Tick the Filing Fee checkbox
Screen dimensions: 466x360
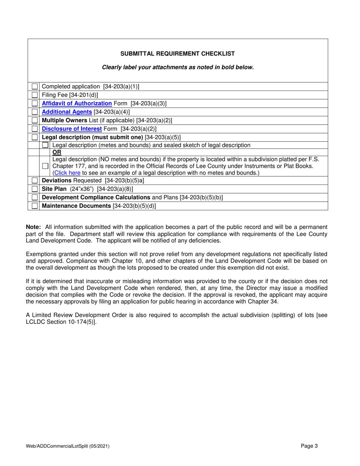coord(35,95)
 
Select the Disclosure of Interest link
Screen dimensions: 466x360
coord(72,128)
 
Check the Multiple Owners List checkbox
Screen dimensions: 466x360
coord(35,120)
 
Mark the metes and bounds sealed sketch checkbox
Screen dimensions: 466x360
coord(45,145)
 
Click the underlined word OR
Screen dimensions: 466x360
coord(56,152)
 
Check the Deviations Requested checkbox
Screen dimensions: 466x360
coord(35,181)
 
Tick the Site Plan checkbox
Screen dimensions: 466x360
coord(35,189)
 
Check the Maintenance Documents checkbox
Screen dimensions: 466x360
coord(35,206)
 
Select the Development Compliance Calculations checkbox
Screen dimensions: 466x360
coord(35,197)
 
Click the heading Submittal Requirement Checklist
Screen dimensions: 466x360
coord(177,53)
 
